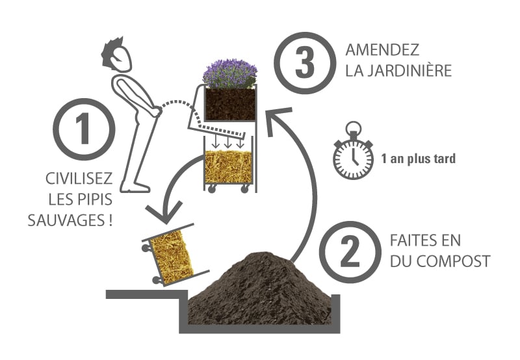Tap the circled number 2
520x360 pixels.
tap(351, 252)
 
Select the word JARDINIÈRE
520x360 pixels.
tap(417, 70)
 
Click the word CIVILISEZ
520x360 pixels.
tap(80, 178)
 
